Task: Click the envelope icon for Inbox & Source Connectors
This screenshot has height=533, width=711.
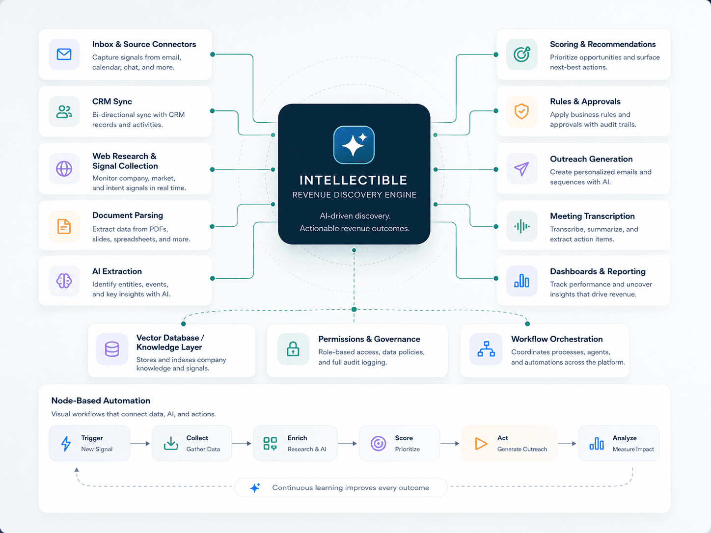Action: (64, 54)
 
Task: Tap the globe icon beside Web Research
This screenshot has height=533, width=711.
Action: (64, 169)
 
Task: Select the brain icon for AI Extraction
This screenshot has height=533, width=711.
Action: (64, 281)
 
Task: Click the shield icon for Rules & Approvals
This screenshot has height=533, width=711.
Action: (521, 111)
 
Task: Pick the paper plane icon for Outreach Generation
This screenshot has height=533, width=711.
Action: (521, 169)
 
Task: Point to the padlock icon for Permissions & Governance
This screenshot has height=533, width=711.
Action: (293, 349)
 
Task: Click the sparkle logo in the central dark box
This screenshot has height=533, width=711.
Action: (354, 145)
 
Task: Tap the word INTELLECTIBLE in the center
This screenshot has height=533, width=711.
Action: (354, 180)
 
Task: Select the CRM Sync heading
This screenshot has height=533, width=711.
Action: (112, 101)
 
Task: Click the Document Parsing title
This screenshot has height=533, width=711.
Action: (128, 215)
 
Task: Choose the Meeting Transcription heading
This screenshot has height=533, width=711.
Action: (592, 216)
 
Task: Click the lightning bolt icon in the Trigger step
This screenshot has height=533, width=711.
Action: (66, 443)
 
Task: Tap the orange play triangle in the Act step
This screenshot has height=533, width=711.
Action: (481, 443)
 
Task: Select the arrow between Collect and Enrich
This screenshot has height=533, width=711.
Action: (242, 443)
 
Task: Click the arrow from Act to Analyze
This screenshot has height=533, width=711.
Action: (567, 443)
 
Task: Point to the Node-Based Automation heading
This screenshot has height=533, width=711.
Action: (101, 400)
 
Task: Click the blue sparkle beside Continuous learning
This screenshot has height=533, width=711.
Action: (255, 487)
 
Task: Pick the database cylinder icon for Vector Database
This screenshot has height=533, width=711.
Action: (112, 349)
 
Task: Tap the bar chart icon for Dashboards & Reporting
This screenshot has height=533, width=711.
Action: (521, 281)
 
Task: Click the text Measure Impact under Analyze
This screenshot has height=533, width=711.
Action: (633, 449)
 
